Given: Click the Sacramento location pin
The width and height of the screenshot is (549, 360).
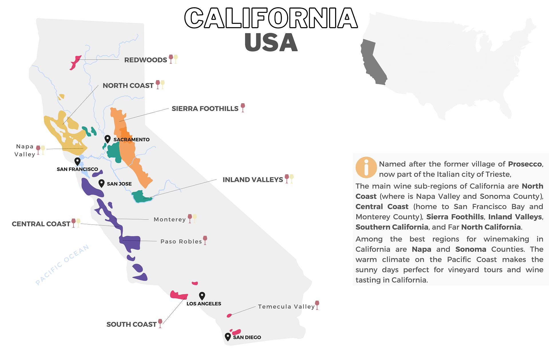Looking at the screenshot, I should (x=108, y=139).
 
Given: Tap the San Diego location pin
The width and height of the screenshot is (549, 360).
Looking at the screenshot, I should (x=228, y=337).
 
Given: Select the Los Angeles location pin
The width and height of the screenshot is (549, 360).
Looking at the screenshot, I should (x=202, y=295).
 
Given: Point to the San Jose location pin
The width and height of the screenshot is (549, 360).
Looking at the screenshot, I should (x=101, y=183).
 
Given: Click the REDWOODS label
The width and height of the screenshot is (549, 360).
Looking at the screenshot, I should (x=146, y=60).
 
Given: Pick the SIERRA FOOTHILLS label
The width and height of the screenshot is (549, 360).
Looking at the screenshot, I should (x=205, y=109).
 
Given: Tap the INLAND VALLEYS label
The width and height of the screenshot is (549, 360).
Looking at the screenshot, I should (x=252, y=180).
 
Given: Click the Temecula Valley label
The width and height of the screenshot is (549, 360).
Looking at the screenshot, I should (x=286, y=307).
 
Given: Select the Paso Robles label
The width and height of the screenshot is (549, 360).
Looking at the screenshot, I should (x=181, y=241).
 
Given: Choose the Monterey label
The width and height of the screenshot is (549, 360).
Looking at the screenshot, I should (x=170, y=219).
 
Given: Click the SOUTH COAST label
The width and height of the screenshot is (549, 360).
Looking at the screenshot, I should (x=131, y=324).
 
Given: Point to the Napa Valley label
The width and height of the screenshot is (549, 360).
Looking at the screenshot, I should (x=25, y=150).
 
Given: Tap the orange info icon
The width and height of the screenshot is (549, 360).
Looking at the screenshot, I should (x=366, y=167).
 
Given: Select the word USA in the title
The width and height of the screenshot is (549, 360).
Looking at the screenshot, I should (x=271, y=42).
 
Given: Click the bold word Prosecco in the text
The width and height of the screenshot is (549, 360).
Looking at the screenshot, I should (x=525, y=164).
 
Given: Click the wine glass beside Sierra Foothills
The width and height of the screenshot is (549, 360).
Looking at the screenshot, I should (x=243, y=108).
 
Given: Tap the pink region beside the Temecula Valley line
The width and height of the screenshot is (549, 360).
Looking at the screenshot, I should (x=229, y=315).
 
